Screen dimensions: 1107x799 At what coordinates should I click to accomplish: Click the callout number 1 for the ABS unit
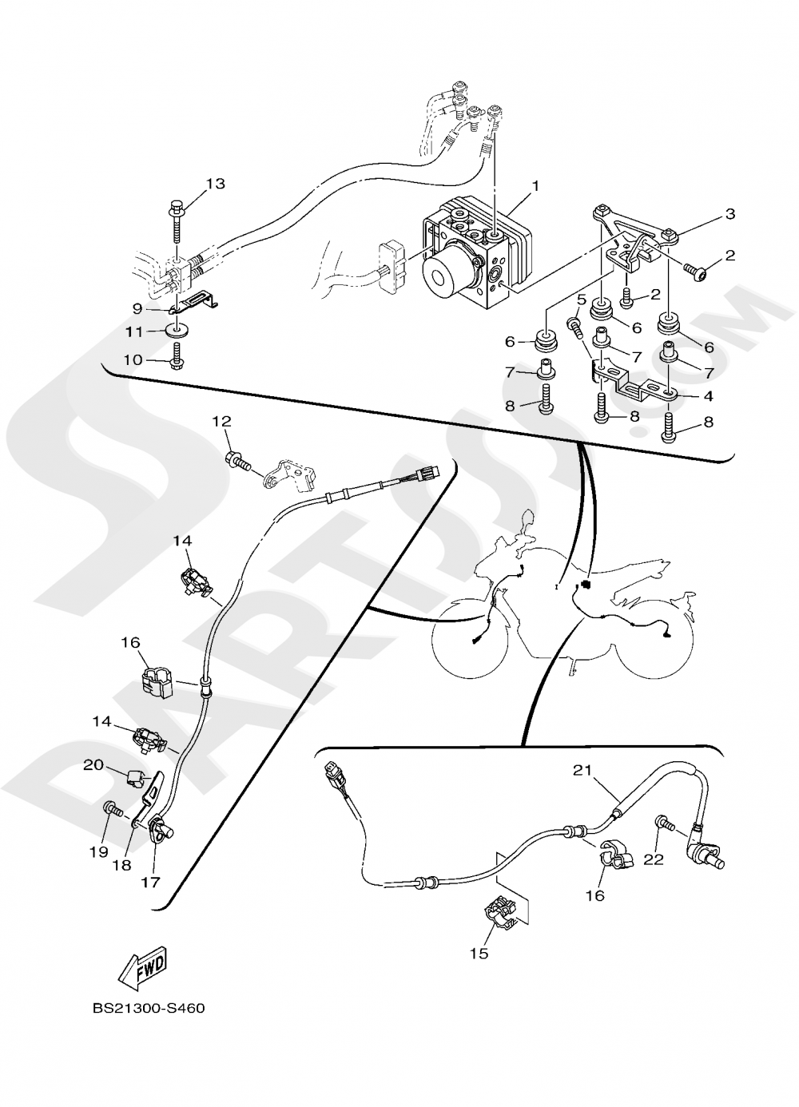535,185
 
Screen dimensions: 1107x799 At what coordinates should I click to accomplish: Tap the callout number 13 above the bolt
215,184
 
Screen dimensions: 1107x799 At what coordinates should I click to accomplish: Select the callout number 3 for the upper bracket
729,214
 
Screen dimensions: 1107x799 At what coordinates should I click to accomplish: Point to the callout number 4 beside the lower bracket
708,395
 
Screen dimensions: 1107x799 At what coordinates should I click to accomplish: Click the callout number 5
582,300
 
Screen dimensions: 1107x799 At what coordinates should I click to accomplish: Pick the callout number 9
137,307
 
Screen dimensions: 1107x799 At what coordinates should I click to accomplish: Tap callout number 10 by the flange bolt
133,360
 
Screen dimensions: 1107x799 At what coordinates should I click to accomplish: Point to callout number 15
479,953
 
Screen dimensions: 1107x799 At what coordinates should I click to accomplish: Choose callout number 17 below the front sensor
151,883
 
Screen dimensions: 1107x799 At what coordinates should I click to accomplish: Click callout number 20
93,764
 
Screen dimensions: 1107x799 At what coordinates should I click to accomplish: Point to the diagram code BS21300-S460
149,1009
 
